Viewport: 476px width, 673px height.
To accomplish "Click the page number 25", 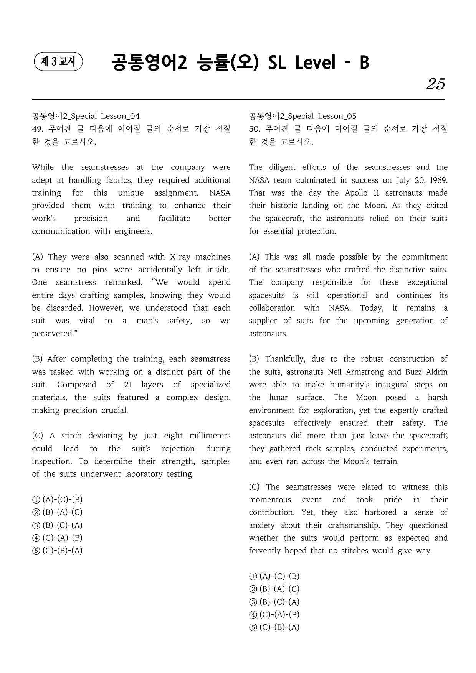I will point(435,84).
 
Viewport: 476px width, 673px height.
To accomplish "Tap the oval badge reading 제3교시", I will point(58,62).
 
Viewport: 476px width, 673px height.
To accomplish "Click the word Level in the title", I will point(315,63).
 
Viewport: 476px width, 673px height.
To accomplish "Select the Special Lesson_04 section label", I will point(86,116).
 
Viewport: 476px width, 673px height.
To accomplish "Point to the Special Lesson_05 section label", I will point(302,116).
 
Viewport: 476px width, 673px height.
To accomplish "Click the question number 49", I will point(37,129).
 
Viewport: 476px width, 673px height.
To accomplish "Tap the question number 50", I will point(255,129).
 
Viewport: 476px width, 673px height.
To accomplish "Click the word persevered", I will point(53,334).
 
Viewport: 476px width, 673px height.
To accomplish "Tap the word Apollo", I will point(356,193).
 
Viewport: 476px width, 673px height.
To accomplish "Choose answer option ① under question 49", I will point(57,500).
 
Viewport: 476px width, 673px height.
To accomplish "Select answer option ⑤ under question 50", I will point(274,627).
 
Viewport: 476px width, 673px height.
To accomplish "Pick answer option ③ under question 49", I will point(57,525).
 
